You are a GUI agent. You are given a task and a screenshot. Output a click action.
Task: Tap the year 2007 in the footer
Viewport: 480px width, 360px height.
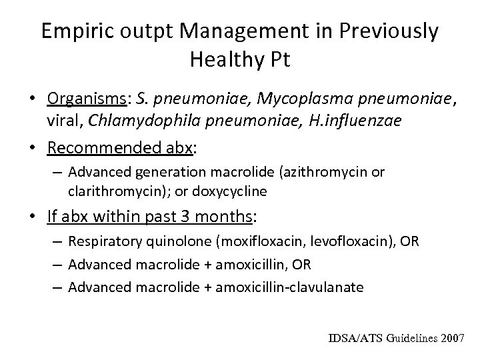click(451, 338)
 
